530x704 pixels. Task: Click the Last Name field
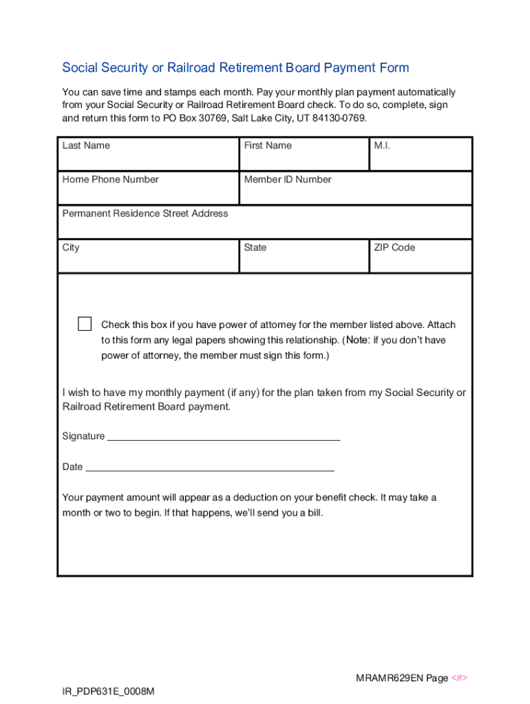(148, 159)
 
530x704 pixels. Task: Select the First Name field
(304, 159)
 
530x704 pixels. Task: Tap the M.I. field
(421, 159)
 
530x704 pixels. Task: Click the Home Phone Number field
(148, 193)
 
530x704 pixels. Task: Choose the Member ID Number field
(355, 193)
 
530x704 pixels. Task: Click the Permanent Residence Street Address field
(265, 227)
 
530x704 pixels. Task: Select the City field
(148, 261)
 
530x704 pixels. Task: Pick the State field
(304, 261)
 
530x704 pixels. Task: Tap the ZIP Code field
(421, 261)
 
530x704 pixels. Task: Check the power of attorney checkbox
(85, 324)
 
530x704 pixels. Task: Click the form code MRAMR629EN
(388, 679)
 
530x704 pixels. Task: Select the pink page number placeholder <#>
(460, 679)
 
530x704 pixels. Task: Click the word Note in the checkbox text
(357, 340)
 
